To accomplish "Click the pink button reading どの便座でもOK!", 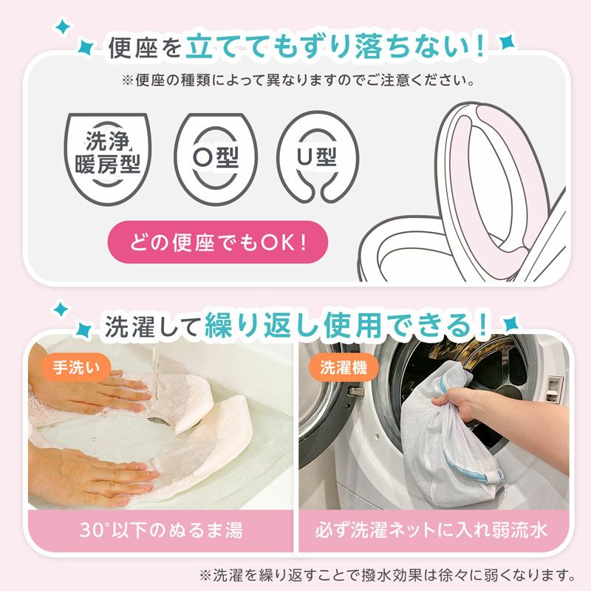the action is click(x=218, y=242).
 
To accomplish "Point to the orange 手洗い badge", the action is click(x=76, y=366).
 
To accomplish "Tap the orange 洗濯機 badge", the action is click(x=344, y=366).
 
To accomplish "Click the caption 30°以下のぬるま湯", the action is click(x=161, y=530).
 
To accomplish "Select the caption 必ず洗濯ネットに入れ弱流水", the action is click(x=431, y=530).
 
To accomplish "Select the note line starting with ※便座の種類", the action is click(x=298, y=81).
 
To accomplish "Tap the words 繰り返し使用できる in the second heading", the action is click(x=346, y=325).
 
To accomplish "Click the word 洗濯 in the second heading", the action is click(x=130, y=326).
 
